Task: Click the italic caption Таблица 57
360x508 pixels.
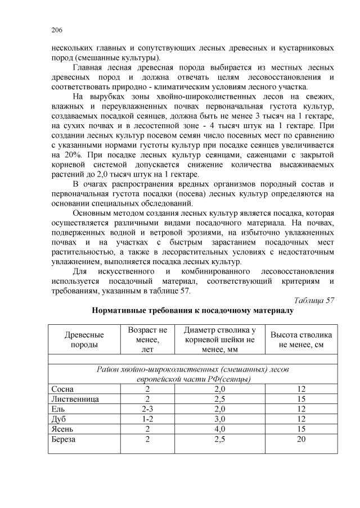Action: pos(315,301)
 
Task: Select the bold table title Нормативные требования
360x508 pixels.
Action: pos(192,311)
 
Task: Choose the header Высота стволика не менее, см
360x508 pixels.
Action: pos(301,339)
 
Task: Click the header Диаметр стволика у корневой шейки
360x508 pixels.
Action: pos(220,339)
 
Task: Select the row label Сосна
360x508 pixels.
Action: pos(62,389)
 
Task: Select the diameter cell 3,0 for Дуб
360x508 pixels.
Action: pos(220,419)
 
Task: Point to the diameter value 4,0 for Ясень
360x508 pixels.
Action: pos(220,429)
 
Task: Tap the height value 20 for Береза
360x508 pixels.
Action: pos(301,439)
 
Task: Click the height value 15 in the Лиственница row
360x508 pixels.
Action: pos(301,398)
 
